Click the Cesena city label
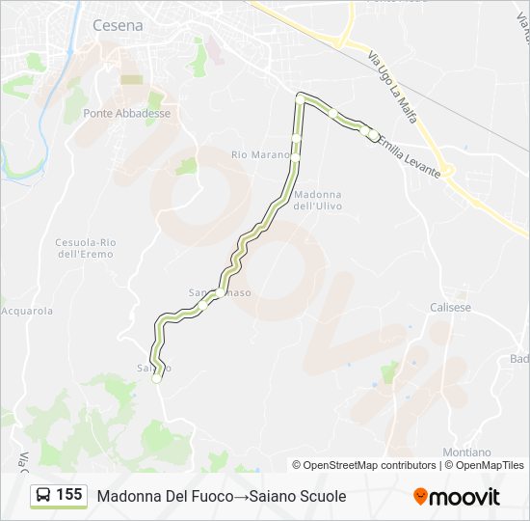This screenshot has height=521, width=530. coord(118,26)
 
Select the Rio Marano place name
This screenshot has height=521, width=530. coord(260,154)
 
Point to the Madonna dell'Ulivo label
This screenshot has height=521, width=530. coord(317,200)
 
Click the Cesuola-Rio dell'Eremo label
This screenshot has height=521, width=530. coord(85,248)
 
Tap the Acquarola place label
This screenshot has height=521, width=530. coord(26,311)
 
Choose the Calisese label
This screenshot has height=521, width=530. coord(450,307)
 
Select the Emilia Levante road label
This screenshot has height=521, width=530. coord(410,156)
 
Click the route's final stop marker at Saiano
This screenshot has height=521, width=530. coord(156,379)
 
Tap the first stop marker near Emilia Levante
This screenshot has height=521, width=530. coord(374,135)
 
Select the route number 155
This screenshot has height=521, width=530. coord(69,495)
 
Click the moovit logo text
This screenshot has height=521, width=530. coord(464,497)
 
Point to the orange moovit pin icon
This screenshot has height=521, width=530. coord(420,497)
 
